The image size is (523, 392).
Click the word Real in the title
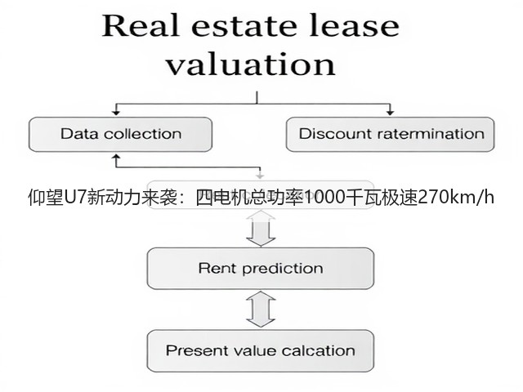click(x=141, y=25)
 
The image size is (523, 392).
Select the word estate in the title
click(x=244, y=26)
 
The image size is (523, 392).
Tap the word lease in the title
click(x=354, y=25)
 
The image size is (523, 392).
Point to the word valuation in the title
click(x=251, y=64)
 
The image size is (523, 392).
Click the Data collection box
click(x=120, y=134)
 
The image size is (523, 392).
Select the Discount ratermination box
click(x=391, y=134)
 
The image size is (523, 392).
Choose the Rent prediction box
click(x=261, y=269)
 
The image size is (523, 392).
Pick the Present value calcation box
click(x=261, y=350)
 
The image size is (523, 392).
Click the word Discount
click(x=336, y=134)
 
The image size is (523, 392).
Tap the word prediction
click(x=283, y=269)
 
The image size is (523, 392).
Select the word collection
click(x=143, y=134)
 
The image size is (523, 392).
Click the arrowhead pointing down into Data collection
click(x=116, y=113)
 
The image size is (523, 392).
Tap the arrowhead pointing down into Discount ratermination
click(x=390, y=113)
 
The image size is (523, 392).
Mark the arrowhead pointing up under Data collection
click(x=116, y=156)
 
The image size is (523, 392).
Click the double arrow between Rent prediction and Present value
click(x=261, y=310)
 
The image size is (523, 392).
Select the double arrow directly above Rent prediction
click(x=261, y=229)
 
